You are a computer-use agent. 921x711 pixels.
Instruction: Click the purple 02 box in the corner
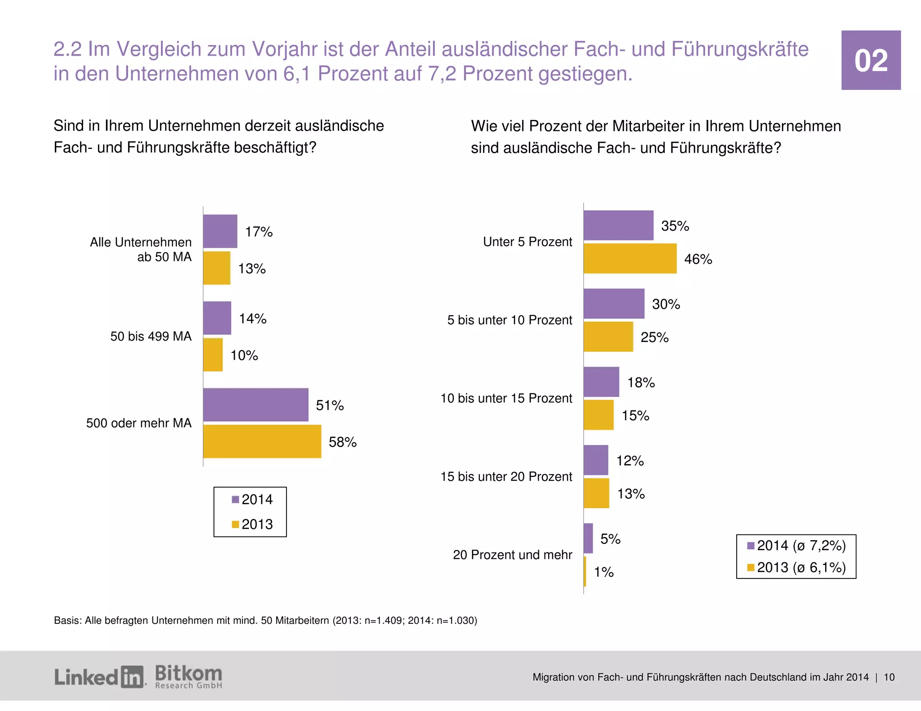(x=871, y=60)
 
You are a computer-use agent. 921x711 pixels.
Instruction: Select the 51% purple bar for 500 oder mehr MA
(x=255, y=404)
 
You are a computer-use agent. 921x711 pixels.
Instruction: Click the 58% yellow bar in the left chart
(x=262, y=441)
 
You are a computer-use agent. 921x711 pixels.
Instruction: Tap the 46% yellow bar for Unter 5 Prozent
(x=630, y=258)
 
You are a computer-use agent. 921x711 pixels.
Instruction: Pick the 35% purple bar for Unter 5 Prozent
(x=618, y=225)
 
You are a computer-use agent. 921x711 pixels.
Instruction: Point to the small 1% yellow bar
(x=585, y=571)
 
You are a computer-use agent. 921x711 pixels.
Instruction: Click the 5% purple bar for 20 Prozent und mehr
(x=588, y=538)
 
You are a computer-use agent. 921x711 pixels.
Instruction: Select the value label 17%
(x=259, y=232)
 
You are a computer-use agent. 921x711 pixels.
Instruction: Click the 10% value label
(x=244, y=355)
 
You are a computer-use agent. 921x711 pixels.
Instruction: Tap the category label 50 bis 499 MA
(x=151, y=336)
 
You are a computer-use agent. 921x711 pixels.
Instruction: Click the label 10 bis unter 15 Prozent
(x=506, y=398)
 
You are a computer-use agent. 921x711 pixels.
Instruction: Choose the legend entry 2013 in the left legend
(x=252, y=524)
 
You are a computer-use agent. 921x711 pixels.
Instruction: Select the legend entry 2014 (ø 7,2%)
(x=796, y=546)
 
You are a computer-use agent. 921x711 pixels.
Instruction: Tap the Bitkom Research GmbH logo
(x=188, y=677)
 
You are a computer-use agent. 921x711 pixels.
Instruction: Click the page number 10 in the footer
(x=889, y=677)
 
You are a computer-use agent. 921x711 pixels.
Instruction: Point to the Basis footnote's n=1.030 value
(x=455, y=621)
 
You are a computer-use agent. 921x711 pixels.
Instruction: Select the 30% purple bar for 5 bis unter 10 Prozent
(x=614, y=303)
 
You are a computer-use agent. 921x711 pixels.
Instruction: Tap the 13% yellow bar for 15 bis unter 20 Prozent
(x=596, y=493)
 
